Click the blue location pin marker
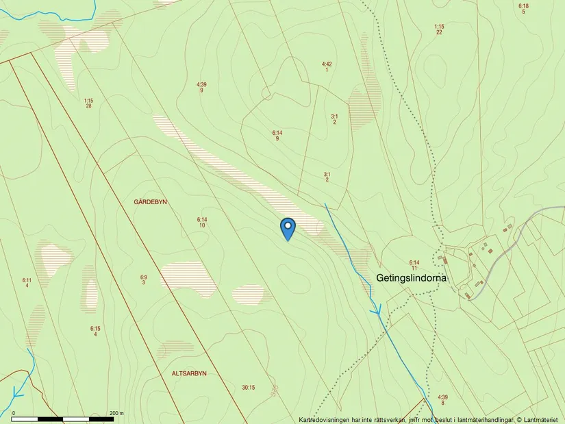click(x=288, y=227)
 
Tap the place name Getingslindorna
click(x=412, y=278)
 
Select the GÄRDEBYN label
click(x=151, y=202)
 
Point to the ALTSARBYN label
click(x=189, y=373)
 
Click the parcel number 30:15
click(x=249, y=388)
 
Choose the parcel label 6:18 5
click(x=523, y=9)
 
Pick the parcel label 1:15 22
click(x=439, y=29)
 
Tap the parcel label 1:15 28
click(x=88, y=103)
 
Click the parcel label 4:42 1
click(x=327, y=67)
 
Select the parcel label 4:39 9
click(x=201, y=87)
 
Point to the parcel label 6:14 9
click(x=277, y=135)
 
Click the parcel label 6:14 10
click(x=202, y=222)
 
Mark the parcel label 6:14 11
click(x=414, y=265)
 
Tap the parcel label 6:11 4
click(x=27, y=282)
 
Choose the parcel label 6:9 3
click(x=144, y=279)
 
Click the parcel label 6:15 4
click(x=95, y=331)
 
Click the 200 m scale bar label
click(x=116, y=413)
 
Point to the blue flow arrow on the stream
click(x=376, y=311)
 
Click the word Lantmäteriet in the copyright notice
click(x=542, y=420)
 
